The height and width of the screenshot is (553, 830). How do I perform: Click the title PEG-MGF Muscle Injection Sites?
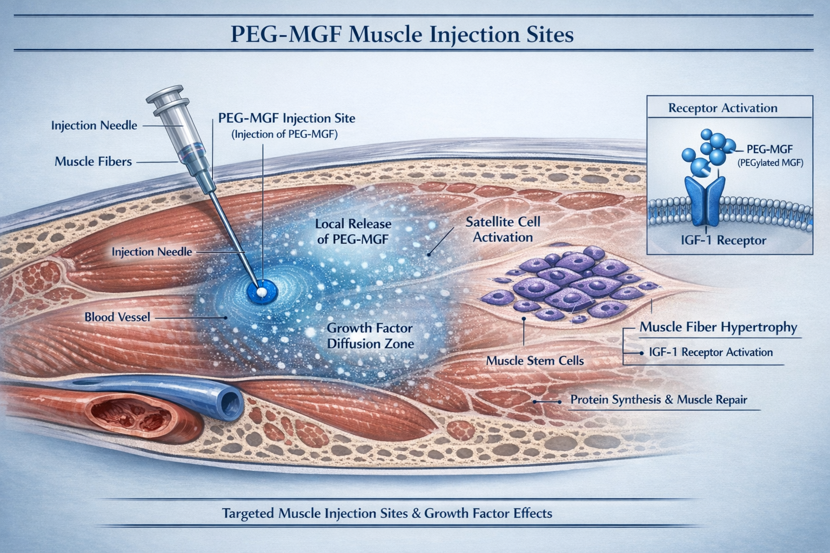coord(402,35)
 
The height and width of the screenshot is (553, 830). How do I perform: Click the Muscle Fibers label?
coord(93,161)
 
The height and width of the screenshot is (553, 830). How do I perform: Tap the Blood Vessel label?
coord(117,317)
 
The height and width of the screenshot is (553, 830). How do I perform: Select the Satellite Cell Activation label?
coord(503,230)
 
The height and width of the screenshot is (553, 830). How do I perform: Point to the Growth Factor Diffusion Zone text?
coord(370,335)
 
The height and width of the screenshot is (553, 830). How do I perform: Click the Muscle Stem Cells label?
coord(535,360)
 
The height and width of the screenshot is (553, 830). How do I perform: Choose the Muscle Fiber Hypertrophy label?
coord(718,327)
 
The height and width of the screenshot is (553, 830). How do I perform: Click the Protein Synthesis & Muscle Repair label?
coord(659,400)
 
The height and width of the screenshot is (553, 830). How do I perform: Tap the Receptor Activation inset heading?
coord(722,107)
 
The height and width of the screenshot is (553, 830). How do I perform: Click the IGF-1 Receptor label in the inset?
coord(724,240)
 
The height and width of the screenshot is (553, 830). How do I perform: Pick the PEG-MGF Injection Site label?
coord(286,118)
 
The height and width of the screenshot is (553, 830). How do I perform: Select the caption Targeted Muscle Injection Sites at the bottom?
coord(387,512)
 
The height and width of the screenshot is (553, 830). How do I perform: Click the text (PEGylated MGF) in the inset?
coord(770,162)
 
